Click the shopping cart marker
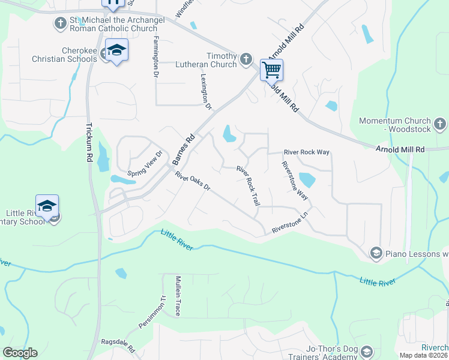pos(271,70)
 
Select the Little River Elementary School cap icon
pos(47,206)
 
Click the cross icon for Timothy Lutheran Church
pos(246,59)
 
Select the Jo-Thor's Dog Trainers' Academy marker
pos(367,352)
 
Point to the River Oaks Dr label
pos(193,182)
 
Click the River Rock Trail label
pos(248,187)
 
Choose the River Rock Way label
pos(307,152)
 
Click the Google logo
pos(20,353)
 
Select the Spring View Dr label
pos(145,161)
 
